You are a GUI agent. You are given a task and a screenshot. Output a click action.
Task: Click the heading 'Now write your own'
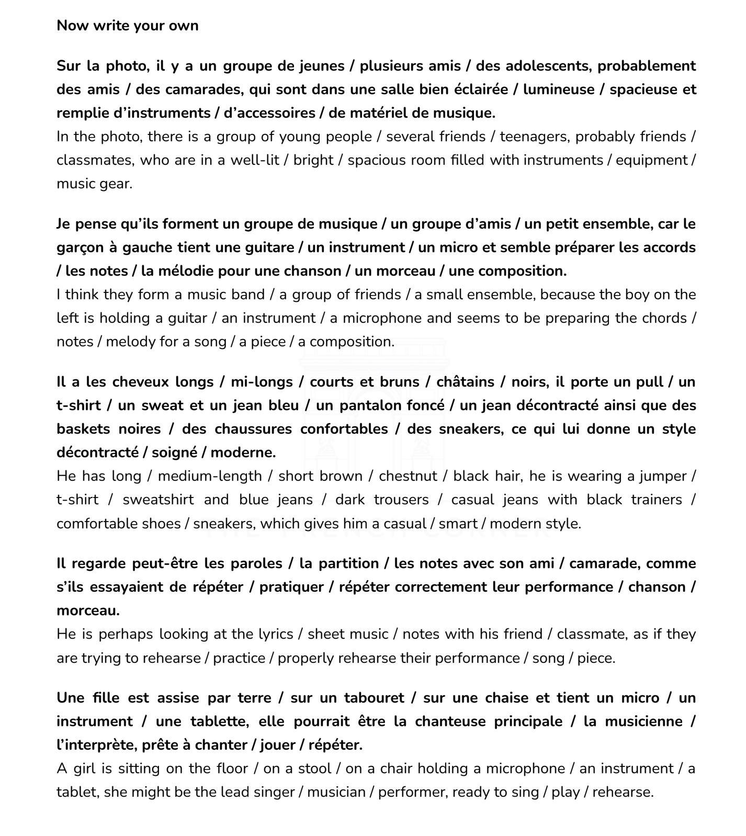[x=127, y=26]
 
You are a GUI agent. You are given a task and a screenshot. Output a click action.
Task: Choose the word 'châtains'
[x=464, y=382]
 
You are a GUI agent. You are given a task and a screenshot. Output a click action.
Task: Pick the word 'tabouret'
[x=374, y=698]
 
